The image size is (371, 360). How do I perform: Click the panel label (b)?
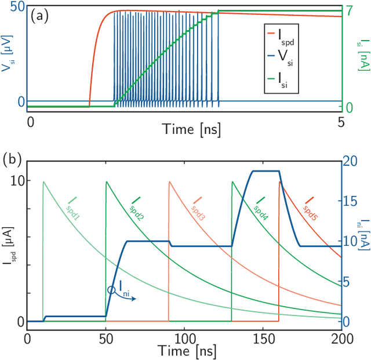(13, 158)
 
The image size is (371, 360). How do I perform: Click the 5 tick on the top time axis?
(341, 122)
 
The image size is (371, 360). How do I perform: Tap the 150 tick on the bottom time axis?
(263, 338)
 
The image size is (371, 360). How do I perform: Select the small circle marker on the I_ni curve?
(111, 290)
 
